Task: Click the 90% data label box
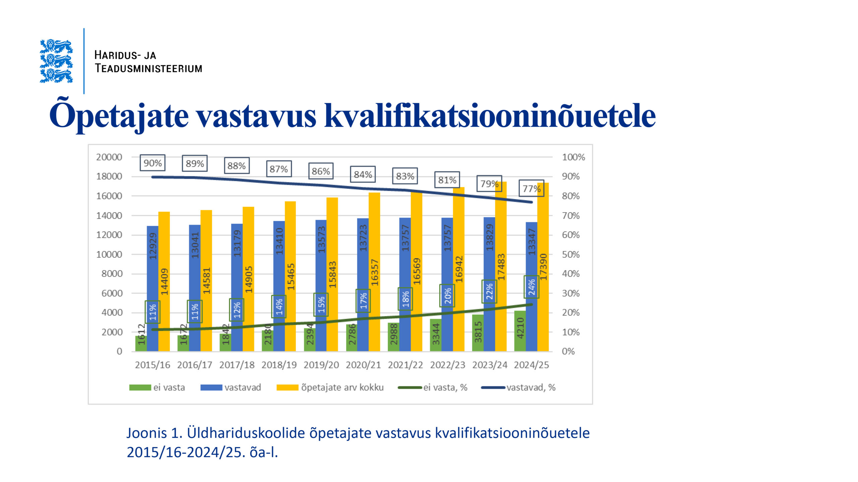coord(152,163)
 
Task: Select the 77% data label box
coord(531,188)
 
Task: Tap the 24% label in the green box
coord(532,287)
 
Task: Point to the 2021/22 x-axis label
coord(405,365)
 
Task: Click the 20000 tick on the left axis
coord(109,157)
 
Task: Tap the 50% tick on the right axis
coord(570,254)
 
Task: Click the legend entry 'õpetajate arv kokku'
coord(342,387)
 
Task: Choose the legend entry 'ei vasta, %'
coord(445,387)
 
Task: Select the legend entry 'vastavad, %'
coord(531,387)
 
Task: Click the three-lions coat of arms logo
coord(56,61)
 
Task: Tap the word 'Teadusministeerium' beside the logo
coord(148,68)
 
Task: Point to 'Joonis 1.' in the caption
coord(154,433)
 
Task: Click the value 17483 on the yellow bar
coord(501,267)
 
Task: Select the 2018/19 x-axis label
coord(279,365)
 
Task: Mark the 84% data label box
coord(363,174)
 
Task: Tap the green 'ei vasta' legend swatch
coord(140,387)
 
